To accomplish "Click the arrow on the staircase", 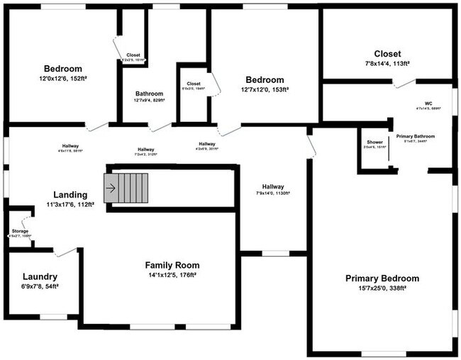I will click(111, 189).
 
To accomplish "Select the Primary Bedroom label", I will click(382, 279).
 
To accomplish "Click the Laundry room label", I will click(40, 276).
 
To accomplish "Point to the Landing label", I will click(70, 195).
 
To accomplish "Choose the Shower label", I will click(374, 142).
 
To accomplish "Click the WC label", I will click(428, 103).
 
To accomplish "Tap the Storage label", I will click(20, 231).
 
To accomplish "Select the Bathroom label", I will click(149, 94).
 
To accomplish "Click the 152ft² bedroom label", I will click(62, 69).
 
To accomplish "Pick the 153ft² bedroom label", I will click(265, 80).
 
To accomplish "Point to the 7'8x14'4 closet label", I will click(387, 54).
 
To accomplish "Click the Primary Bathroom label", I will click(415, 136).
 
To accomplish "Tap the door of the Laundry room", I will click(65, 252).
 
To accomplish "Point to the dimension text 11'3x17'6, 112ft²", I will click(70, 205).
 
